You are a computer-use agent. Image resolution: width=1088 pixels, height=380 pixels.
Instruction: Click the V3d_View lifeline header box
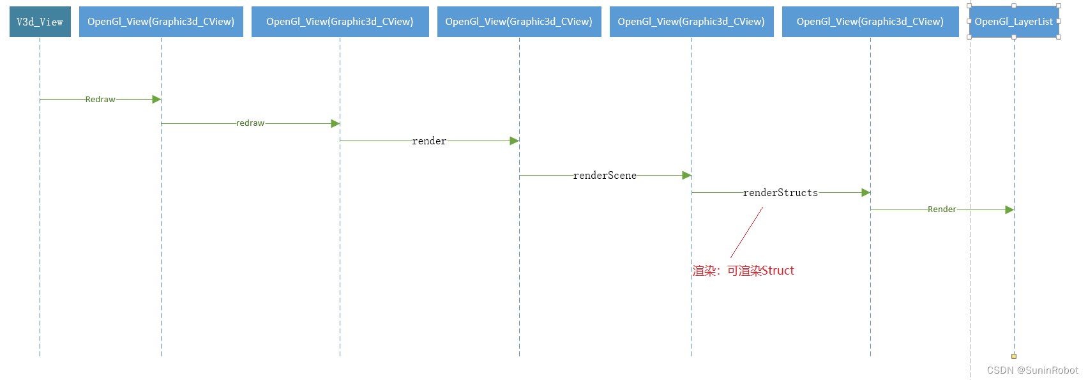[40, 22]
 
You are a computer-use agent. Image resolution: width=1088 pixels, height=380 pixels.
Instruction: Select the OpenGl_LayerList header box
[1013, 22]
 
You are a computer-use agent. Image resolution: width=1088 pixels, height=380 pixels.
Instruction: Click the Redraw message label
[100, 100]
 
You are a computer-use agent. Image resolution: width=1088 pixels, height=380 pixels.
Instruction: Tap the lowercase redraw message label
[250, 123]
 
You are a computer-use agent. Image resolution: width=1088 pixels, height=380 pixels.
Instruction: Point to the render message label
[429, 141]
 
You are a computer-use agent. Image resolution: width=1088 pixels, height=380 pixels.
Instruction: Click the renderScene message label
[605, 176]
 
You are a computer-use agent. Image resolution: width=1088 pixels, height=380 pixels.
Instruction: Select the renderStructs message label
[780, 193]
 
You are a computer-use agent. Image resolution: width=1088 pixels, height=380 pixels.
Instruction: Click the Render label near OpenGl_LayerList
[942, 209]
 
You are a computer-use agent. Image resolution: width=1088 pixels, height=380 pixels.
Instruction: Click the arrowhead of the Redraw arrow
[156, 100]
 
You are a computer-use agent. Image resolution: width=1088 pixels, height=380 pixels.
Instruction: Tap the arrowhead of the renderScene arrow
[686, 176]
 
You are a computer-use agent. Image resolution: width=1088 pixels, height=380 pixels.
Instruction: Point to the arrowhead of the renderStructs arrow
[866, 193]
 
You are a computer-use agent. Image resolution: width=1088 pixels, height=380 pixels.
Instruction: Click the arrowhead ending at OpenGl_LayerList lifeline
[1009, 209]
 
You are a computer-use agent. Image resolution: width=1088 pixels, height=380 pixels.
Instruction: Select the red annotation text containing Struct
[743, 271]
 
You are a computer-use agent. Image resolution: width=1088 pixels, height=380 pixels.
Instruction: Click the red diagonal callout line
[747, 232]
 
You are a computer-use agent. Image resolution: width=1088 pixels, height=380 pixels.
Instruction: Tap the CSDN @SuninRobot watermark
[1032, 370]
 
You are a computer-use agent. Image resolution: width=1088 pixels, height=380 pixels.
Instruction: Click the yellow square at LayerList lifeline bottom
[1014, 356]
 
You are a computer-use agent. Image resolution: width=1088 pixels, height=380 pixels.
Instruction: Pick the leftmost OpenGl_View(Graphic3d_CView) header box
[161, 22]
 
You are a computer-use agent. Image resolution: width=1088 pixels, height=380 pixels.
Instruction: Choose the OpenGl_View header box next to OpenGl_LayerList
[870, 22]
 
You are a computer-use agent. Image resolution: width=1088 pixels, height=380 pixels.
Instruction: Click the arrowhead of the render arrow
[515, 141]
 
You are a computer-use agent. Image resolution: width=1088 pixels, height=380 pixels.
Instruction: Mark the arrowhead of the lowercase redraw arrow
[335, 124]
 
